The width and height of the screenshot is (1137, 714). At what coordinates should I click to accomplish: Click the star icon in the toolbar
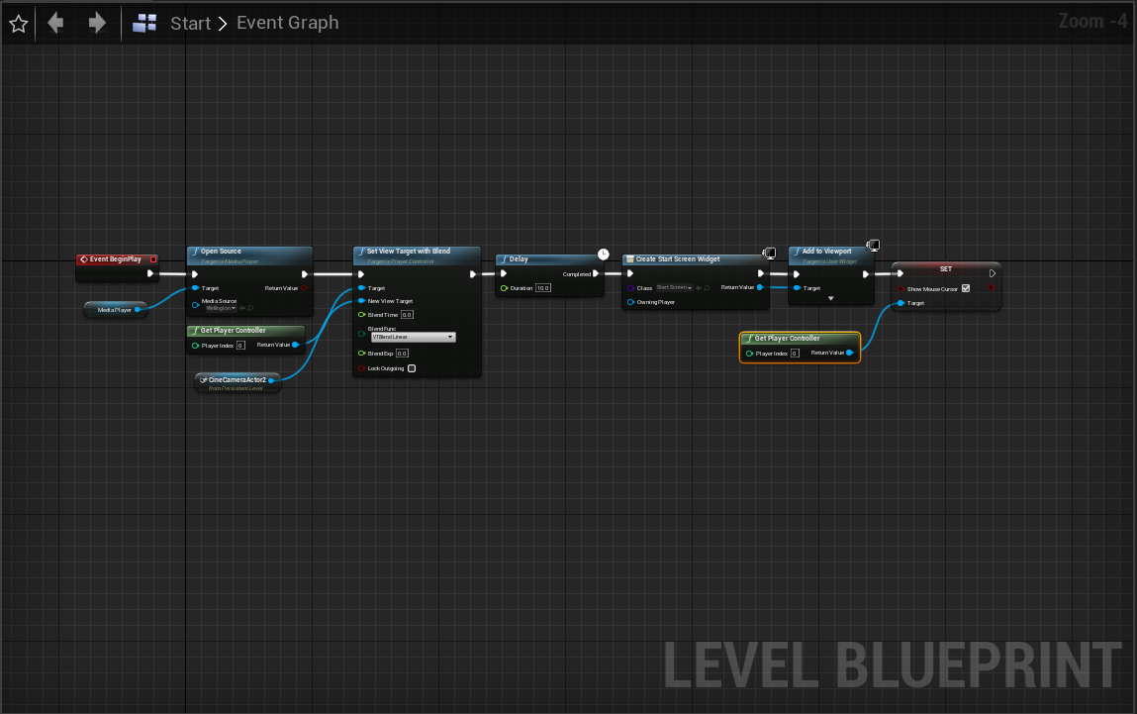pyautogui.click(x=18, y=23)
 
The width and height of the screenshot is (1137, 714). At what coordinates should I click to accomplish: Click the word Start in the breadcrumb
pyautogui.click(x=190, y=23)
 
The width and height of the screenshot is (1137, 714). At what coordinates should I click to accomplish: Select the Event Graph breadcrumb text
pyautogui.click(x=287, y=23)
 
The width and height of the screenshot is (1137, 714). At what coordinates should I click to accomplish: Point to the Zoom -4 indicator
pyautogui.click(x=1092, y=21)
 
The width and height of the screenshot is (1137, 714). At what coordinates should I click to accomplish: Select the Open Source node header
pyautogui.click(x=249, y=252)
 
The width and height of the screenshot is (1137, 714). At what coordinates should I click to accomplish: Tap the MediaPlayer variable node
pyautogui.click(x=115, y=310)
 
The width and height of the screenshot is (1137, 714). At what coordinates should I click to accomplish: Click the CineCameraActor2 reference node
pyautogui.click(x=237, y=379)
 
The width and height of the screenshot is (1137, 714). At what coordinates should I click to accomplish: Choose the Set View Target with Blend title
pyautogui.click(x=408, y=252)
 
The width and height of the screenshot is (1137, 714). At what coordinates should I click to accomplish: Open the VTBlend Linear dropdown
pyautogui.click(x=413, y=337)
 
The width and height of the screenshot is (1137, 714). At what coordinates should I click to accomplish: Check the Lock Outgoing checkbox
pyautogui.click(x=412, y=368)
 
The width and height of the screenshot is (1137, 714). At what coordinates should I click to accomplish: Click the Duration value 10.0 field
pyautogui.click(x=542, y=288)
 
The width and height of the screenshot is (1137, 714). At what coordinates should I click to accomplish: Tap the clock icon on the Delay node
pyautogui.click(x=604, y=255)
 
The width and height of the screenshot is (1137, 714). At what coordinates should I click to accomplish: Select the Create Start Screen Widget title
pyautogui.click(x=678, y=259)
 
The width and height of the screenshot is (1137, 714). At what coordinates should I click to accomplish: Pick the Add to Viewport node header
pyautogui.click(x=826, y=252)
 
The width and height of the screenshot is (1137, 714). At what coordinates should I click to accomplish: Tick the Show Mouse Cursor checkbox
pyautogui.click(x=966, y=288)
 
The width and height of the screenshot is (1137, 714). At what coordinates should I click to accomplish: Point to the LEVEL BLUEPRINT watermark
pyautogui.click(x=891, y=663)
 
